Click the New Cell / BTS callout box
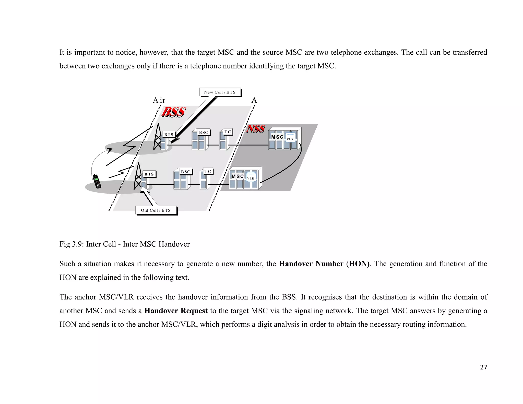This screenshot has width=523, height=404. (x=220, y=92)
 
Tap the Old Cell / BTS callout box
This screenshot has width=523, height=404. (x=156, y=210)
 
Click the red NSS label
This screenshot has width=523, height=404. (x=256, y=129)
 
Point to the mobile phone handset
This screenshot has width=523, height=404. (x=97, y=181)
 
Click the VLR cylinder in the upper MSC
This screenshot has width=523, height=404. (x=290, y=137)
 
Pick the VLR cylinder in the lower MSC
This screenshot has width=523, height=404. (x=251, y=177)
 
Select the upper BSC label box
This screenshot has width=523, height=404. (x=204, y=132)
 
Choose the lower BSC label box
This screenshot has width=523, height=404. (x=186, y=172)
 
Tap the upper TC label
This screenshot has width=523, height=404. (x=228, y=132)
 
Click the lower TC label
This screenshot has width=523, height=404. (x=208, y=171)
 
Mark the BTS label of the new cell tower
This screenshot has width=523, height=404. (x=169, y=135)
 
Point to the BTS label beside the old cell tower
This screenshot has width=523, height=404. (x=149, y=174)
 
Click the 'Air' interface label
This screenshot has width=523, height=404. (x=159, y=100)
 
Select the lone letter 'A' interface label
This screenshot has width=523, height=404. (x=254, y=100)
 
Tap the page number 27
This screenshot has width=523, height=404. (x=483, y=367)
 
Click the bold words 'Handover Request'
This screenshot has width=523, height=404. (x=176, y=311)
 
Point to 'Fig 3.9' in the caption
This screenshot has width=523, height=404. (x=69, y=244)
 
